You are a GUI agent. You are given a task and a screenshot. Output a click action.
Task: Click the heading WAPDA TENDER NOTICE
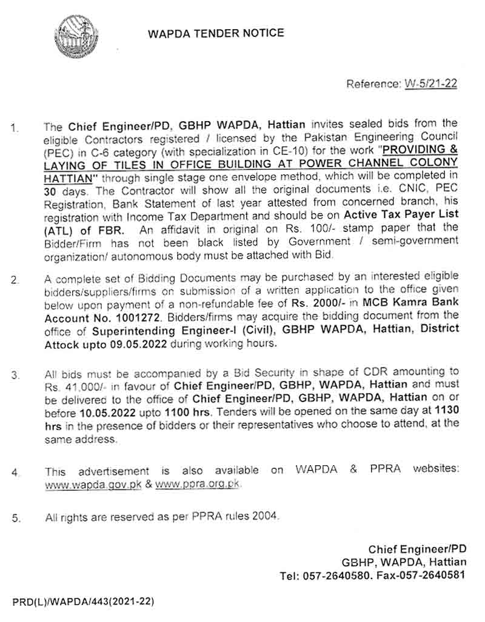click(216, 33)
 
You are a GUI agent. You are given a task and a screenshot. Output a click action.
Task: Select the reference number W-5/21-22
click(430, 84)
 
